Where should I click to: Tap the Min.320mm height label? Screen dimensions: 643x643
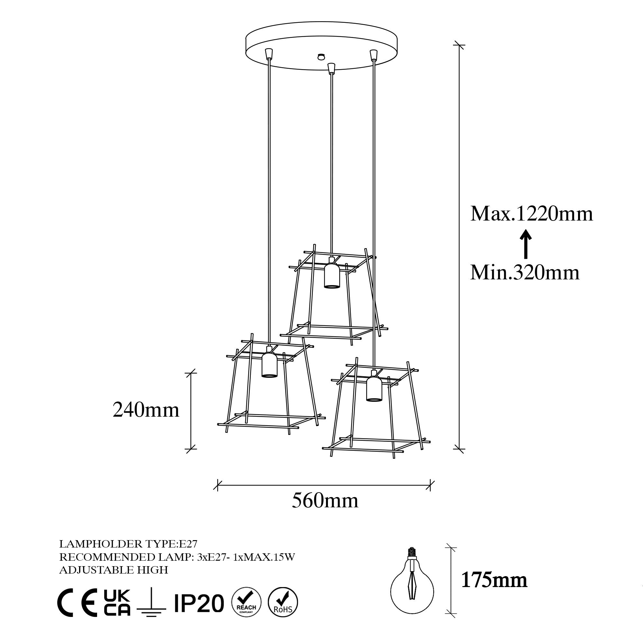[x=525, y=273]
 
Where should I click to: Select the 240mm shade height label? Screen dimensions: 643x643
[x=146, y=410]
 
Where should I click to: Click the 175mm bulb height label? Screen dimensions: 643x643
[x=494, y=580]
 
